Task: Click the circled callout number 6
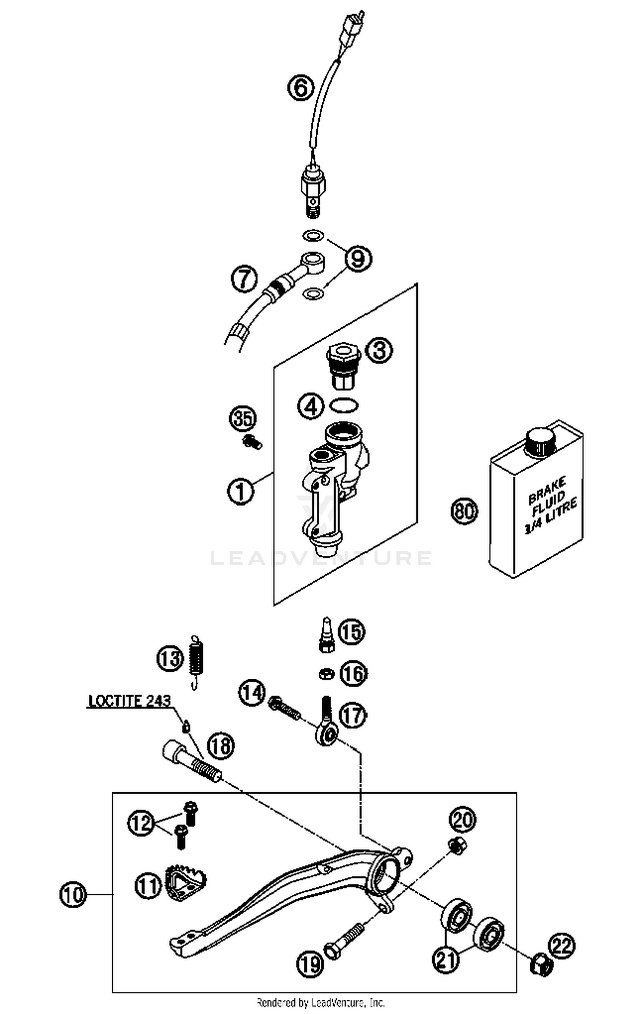pos(300,88)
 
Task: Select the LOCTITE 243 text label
pos(129,701)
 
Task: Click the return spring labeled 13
pos(196,662)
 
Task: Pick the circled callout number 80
pos(464,511)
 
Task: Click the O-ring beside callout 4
pos(344,405)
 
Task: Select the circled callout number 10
pos(73,894)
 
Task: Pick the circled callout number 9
pos(358,259)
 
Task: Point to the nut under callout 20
pos(457,846)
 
